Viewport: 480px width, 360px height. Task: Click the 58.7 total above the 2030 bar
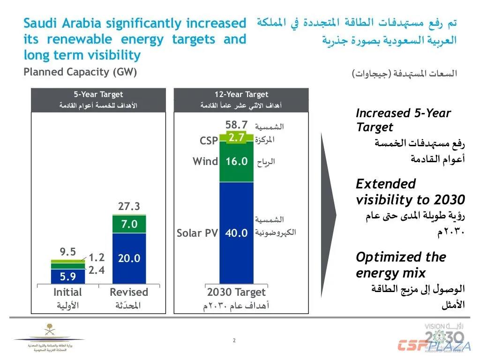pos(236,125)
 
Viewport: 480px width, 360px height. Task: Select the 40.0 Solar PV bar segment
pos(236,232)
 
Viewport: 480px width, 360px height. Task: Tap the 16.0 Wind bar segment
pos(236,162)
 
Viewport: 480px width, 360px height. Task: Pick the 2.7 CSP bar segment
pos(236,137)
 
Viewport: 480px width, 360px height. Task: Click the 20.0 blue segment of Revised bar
pos(129,258)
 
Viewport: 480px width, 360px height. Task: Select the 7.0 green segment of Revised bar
pos(129,225)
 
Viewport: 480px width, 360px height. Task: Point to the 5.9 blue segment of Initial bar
pos(68,277)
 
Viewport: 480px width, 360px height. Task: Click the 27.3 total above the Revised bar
pos(129,207)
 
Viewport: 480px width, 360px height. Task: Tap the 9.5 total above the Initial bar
pos(68,252)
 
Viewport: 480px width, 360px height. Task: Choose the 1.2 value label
pos(97,257)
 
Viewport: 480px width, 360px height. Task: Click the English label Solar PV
pos(197,233)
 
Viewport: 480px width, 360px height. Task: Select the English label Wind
pos(205,162)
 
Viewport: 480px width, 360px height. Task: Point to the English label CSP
pos(209,141)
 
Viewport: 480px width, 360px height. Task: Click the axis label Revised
pos(129,292)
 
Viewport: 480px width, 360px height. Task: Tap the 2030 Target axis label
pos(236,292)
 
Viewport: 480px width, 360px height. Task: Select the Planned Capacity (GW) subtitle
pos(81,72)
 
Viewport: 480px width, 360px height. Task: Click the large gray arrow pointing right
pos(328,216)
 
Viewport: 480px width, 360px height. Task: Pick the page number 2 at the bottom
pos(234,340)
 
